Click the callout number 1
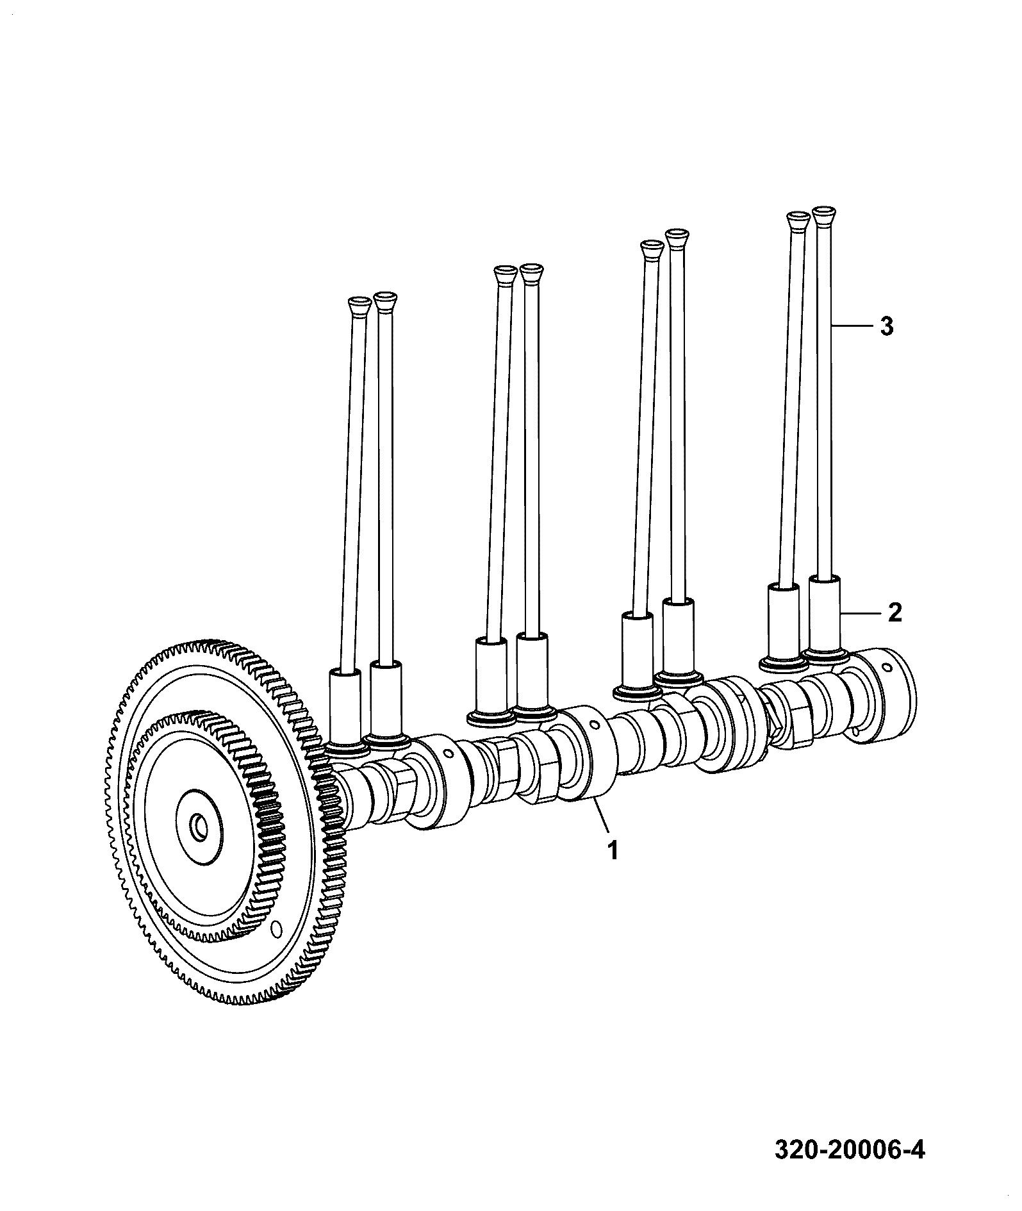613,852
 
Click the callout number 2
895,613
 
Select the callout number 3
886,327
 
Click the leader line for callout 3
853,327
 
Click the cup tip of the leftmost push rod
359,305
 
